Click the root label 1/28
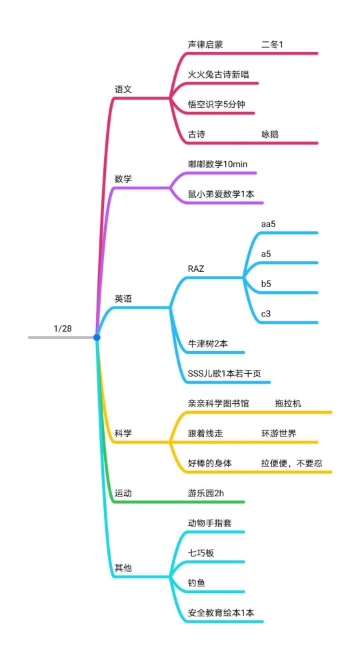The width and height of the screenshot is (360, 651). [63, 328]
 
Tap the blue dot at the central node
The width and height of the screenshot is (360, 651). [97, 338]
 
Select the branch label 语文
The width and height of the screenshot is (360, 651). [123, 89]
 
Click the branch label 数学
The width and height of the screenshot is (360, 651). [123, 179]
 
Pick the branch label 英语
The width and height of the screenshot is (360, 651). [123, 299]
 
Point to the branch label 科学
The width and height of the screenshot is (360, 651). [123, 433]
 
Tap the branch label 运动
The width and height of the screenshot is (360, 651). [123, 493]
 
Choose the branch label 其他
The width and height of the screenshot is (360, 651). [123, 568]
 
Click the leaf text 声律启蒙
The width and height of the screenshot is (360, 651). [205, 45]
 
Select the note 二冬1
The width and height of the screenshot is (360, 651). [273, 45]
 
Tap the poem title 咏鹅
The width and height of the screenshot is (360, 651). [270, 134]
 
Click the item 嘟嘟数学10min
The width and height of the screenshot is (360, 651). [217, 164]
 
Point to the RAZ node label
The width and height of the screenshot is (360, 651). [196, 269]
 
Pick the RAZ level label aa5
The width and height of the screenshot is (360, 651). [268, 224]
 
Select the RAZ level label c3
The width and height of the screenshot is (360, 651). [266, 313]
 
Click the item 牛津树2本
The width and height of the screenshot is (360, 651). [208, 343]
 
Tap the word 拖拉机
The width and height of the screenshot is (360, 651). [288, 403]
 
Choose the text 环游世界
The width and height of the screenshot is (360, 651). [279, 433]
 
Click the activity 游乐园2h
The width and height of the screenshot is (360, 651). [206, 493]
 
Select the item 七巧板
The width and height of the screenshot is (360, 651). [201, 552]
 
